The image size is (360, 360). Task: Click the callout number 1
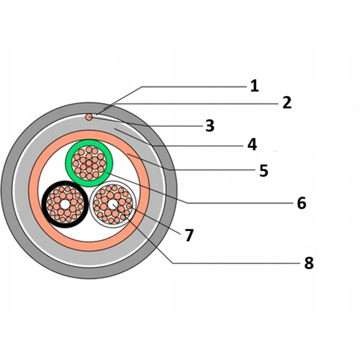point(255,86)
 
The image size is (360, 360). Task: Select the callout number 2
point(287,103)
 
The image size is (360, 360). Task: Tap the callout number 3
point(210,125)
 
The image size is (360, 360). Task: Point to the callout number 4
point(252,145)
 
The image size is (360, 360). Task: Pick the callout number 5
point(264,170)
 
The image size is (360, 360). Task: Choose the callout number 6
point(301,203)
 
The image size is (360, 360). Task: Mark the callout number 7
point(189,235)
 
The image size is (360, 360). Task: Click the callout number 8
point(309,263)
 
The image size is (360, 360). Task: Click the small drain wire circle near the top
point(89,117)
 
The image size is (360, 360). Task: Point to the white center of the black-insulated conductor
point(65,204)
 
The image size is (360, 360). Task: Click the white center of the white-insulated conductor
point(113,204)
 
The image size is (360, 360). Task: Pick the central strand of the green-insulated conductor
point(89,164)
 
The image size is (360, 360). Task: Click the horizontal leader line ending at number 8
point(236,263)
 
